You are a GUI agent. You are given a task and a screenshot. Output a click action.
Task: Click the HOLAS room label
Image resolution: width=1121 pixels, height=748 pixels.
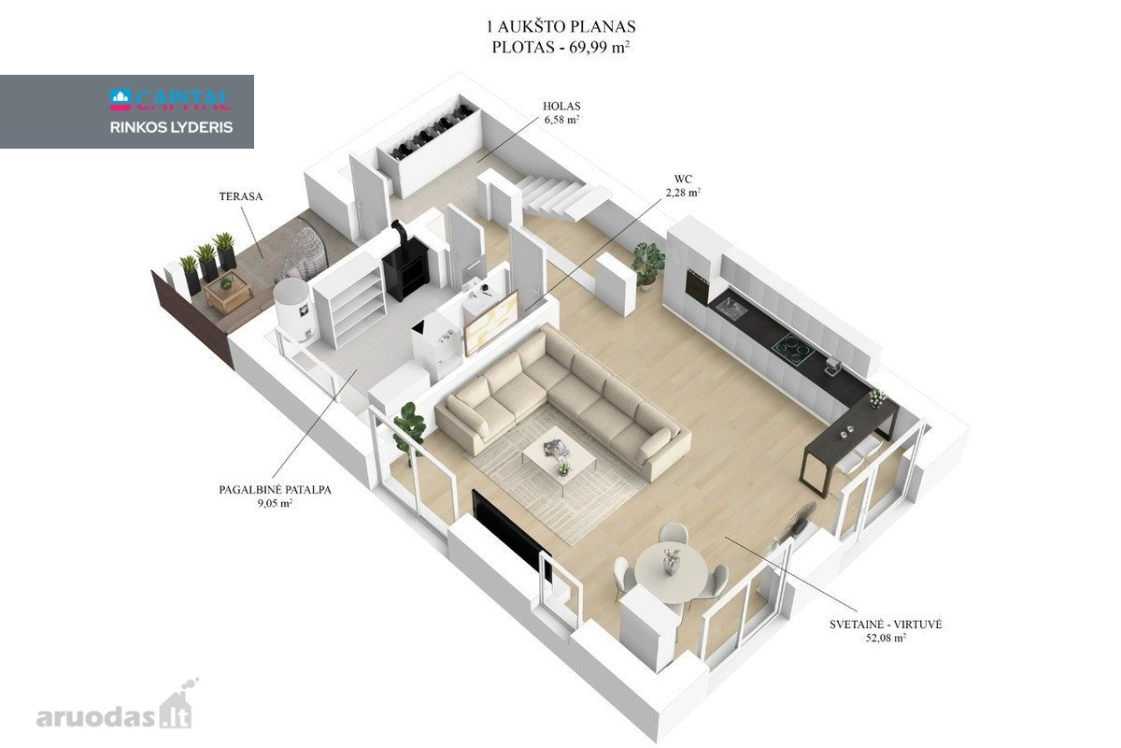tap(561, 107)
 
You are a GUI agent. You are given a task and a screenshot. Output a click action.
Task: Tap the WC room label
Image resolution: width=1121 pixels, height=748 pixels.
tap(683, 179)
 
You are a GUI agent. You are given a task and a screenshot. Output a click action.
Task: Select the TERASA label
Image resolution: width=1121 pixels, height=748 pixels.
tap(241, 196)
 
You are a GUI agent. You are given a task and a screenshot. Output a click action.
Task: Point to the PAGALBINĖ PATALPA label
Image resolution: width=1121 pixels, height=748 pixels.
tap(275, 490)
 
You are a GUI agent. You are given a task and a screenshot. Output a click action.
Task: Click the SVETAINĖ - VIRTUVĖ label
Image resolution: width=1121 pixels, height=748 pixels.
tap(886, 625)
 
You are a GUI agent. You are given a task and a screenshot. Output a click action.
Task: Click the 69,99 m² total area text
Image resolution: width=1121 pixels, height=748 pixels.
tap(596, 47)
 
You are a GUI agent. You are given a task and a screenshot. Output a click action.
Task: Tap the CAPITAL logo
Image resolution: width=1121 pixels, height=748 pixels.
tap(170, 100)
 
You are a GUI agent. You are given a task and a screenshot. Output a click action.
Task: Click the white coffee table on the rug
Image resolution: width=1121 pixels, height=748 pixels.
tap(559, 457)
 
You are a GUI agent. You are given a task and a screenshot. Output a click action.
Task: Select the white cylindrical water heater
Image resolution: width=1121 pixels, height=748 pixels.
tap(293, 309)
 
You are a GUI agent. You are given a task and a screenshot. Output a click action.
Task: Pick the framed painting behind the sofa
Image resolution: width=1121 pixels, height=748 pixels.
tap(491, 324)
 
